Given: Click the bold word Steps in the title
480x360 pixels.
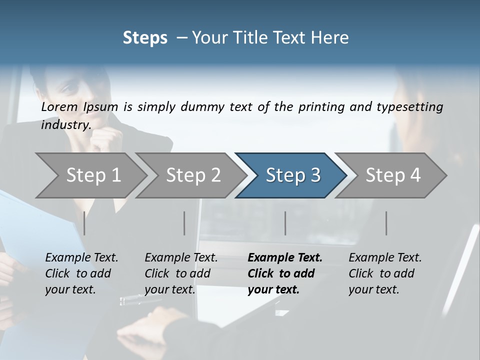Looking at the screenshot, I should [145, 38].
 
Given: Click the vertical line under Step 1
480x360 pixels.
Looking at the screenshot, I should [84, 223].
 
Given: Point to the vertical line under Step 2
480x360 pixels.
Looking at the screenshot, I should [184, 223].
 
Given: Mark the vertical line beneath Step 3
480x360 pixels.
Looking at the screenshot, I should [285, 223].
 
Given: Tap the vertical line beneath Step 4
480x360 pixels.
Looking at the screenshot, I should [386, 223].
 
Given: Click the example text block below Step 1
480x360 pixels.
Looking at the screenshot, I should [81, 273].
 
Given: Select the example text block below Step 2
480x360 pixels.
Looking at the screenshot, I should [181, 273].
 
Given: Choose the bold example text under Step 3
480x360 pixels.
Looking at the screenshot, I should [285, 273].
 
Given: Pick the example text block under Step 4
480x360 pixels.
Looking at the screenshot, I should [385, 273].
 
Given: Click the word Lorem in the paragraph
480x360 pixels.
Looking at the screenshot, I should [59, 107].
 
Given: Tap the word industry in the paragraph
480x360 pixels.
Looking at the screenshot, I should [66, 125].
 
